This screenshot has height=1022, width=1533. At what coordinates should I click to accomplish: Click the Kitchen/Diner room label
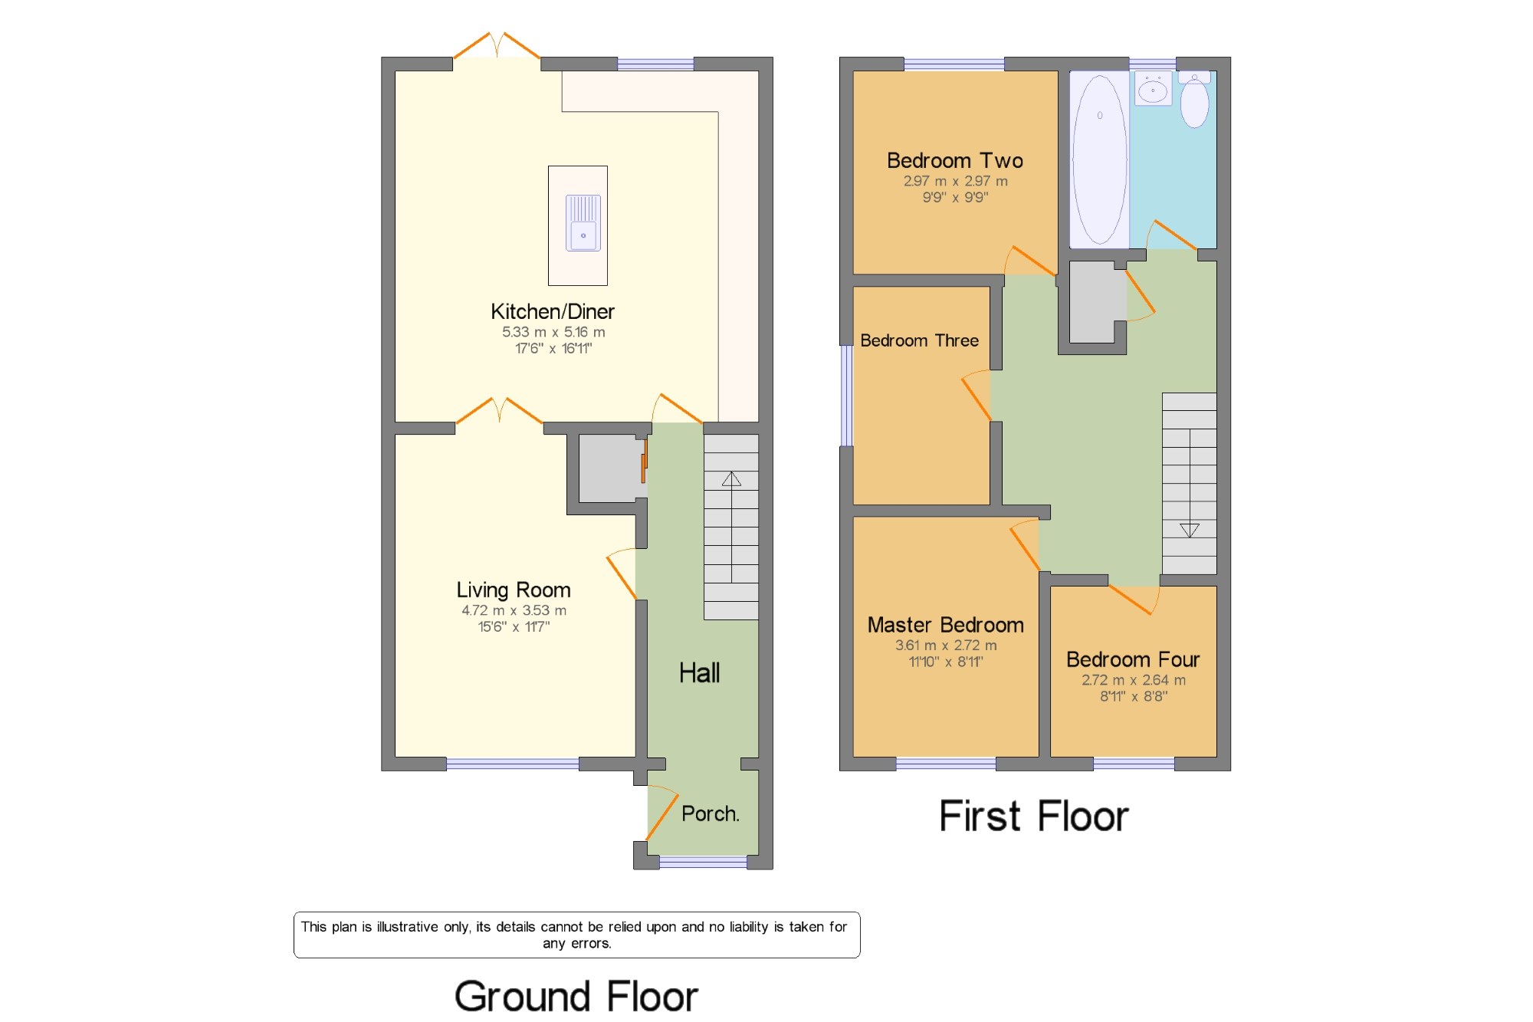pyautogui.click(x=553, y=312)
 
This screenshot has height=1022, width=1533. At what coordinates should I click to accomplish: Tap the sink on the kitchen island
pyautogui.click(x=583, y=223)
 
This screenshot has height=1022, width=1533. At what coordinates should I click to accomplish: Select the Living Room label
pyautogui.click(x=514, y=590)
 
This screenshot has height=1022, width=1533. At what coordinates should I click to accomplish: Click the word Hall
pyautogui.click(x=699, y=673)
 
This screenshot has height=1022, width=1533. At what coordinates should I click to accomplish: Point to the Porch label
pyautogui.click(x=711, y=813)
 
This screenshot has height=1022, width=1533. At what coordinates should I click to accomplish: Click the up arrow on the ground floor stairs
pyautogui.click(x=731, y=480)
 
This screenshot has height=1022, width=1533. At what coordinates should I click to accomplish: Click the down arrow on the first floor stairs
pyautogui.click(x=1189, y=530)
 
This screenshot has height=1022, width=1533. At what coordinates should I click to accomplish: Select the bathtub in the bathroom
pyautogui.click(x=1099, y=159)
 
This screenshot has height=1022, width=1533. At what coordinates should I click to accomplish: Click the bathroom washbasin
pyautogui.click(x=1153, y=89)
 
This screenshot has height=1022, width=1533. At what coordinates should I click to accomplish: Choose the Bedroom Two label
pyautogui.click(x=955, y=161)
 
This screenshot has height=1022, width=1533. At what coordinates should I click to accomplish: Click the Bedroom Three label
pyautogui.click(x=919, y=341)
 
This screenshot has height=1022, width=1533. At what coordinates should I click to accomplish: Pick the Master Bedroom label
pyautogui.click(x=945, y=626)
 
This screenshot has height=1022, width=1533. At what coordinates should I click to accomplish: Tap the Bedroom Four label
pyautogui.click(x=1133, y=660)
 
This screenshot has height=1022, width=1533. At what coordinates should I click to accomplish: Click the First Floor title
pyautogui.click(x=1033, y=816)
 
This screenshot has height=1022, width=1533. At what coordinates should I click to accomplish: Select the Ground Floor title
pyautogui.click(x=576, y=997)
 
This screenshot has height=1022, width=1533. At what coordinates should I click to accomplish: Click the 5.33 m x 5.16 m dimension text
pyautogui.click(x=553, y=333)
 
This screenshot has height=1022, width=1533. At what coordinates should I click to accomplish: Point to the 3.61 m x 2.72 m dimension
pyautogui.click(x=946, y=646)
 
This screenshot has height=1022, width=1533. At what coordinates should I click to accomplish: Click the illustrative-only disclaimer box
pyautogui.click(x=576, y=935)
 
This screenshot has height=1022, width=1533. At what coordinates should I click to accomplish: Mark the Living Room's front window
pyautogui.click(x=513, y=764)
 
